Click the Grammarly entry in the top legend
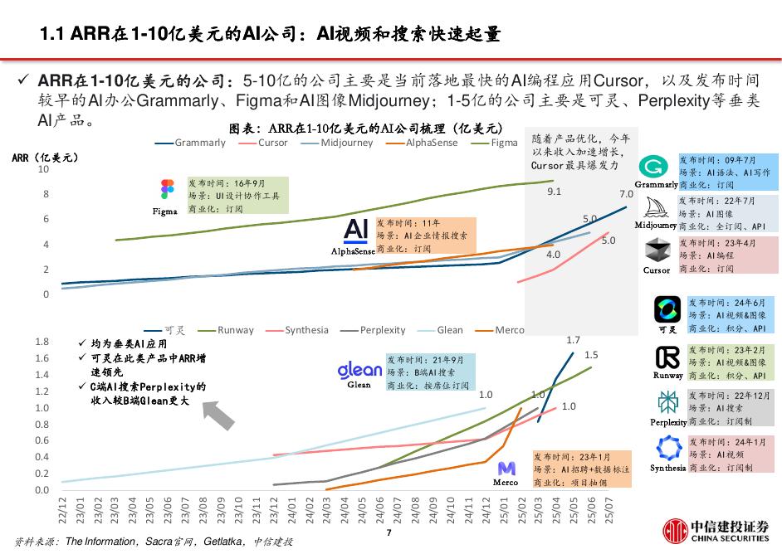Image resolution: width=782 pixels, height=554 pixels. [x=199, y=143]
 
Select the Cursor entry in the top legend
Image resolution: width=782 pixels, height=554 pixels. [x=272, y=143]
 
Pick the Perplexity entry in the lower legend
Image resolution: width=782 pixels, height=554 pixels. [x=383, y=330]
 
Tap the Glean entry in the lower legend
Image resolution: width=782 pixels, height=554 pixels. [x=449, y=330]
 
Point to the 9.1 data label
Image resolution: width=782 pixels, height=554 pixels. [x=554, y=192]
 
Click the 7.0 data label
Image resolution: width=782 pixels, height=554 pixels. [x=626, y=195]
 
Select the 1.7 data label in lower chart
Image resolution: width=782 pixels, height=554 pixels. [x=573, y=340]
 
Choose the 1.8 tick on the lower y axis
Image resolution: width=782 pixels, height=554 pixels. [x=42, y=342]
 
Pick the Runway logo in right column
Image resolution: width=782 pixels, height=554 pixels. [x=667, y=357]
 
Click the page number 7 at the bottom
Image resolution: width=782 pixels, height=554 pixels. [x=388, y=532]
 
